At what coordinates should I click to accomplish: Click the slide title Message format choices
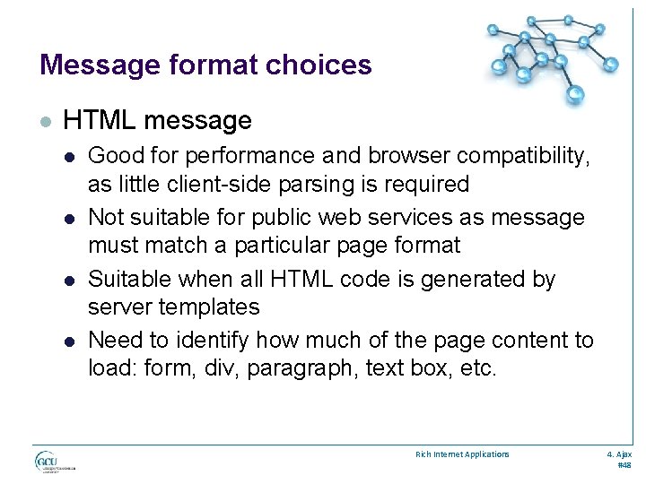(x=205, y=65)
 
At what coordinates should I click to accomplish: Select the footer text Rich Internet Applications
(x=462, y=454)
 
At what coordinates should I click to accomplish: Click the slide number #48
(x=624, y=466)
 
